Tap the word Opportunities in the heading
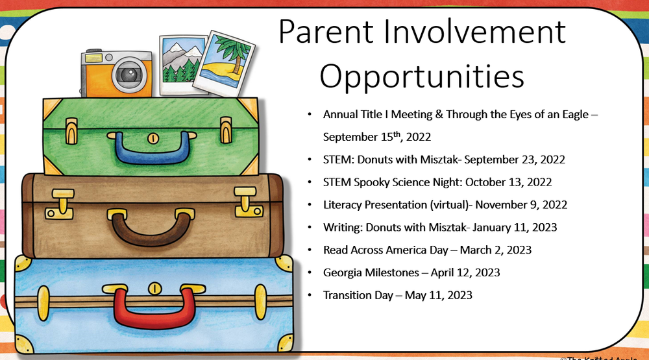(x=422, y=76)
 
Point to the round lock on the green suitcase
(x=153, y=138)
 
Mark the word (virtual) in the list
(x=450, y=205)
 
